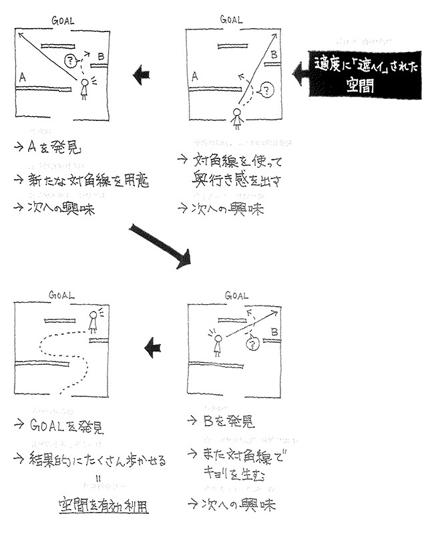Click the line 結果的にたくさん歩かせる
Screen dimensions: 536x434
coord(97,460)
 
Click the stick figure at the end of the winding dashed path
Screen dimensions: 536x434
coord(93,320)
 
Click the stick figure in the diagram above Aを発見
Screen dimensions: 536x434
coord(84,88)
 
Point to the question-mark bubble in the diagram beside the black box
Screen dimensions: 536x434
coord(266,88)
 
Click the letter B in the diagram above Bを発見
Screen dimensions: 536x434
coord(274,331)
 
